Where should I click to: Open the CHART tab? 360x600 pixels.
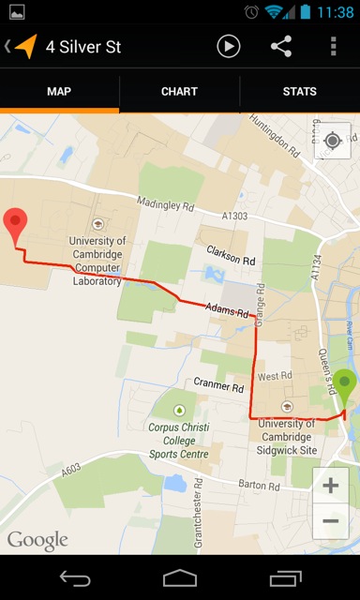[x=179, y=92]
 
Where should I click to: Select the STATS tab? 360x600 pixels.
[x=300, y=92]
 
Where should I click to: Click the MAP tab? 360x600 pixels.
[x=59, y=92]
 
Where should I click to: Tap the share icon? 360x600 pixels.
[x=281, y=46]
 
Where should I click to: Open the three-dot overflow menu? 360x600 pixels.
[x=333, y=46]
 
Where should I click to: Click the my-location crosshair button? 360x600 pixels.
[x=332, y=141]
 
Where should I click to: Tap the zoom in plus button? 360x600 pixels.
[x=331, y=486]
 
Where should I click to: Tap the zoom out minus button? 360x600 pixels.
[x=331, y=521]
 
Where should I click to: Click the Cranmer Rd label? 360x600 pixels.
[x=218, y=384]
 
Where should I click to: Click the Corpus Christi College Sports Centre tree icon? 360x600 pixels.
[x=179, y=410]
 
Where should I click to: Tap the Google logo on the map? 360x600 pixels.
[x=37, y=540]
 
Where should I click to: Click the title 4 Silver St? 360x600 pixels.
[x=83, y=46]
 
